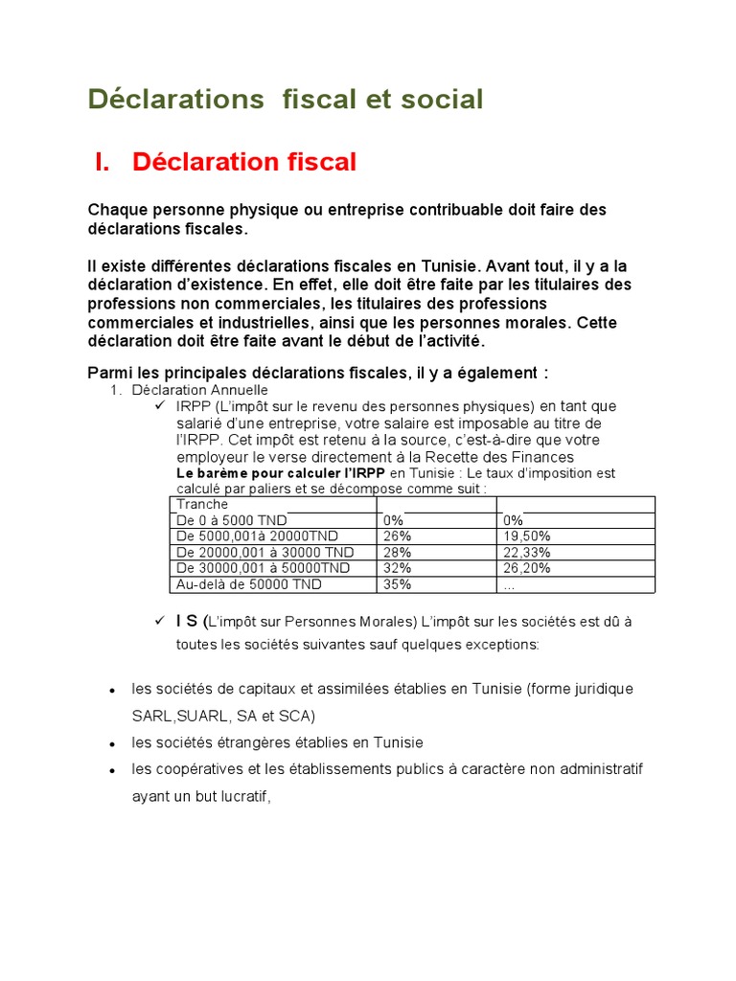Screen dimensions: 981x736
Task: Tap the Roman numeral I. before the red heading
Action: [103, 163]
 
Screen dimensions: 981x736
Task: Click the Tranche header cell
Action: [202, 505]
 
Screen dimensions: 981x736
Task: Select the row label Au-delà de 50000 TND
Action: [236, 584]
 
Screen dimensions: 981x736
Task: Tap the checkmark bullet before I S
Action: [160, 621]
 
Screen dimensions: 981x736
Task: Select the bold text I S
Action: [188, 621]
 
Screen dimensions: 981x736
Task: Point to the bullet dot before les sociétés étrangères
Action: [113, 743]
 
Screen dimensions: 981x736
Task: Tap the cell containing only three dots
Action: [509, 584]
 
